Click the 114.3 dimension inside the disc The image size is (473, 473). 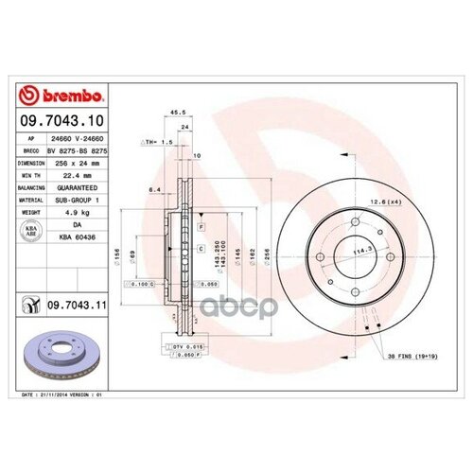click(358, 252)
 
